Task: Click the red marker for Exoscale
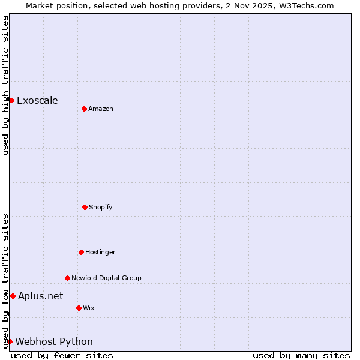point(11,100)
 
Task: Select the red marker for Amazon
point(84,109)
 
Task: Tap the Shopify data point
point(85,207)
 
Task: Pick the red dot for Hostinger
point(81,252)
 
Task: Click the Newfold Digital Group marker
point(67,278)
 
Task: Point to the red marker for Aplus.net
point(13,296)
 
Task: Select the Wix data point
point(79,308)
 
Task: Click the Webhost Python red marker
point(10,341)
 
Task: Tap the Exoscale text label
point(37,100)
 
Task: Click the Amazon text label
point(101,109)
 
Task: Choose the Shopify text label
point(101,207)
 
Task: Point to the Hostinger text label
point(100,252)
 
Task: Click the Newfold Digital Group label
point(106,278)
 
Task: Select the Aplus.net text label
point(40,296)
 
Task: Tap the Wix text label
point(89,308)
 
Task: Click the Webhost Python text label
point(54,341)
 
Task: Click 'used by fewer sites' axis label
point(62,355)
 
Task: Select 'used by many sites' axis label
point(301,355)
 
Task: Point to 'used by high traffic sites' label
point(5,85)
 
